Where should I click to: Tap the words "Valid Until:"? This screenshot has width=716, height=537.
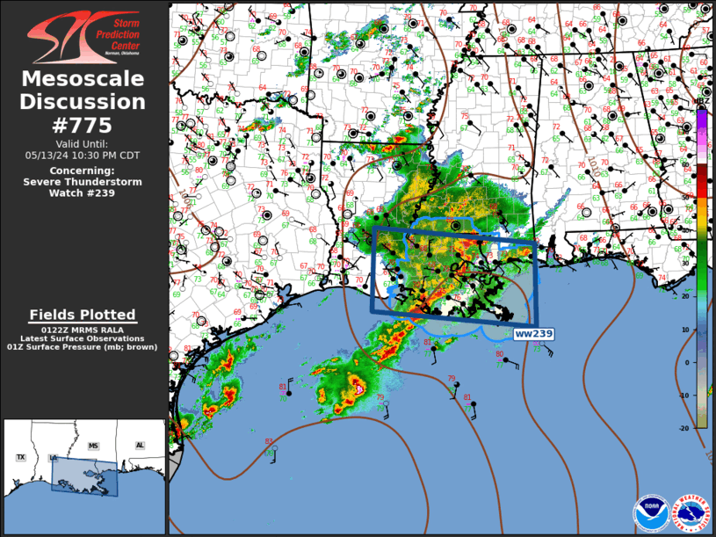click(83, 143)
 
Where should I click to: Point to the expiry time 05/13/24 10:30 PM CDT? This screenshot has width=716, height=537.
click(83, 155)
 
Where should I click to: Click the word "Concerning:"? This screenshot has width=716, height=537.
click(83, 170)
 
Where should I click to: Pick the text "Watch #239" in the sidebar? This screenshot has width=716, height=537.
click(83, 193)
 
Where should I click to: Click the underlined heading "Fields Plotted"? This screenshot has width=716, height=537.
click(83, 315)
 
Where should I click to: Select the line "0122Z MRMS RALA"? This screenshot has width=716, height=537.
click(83, 330)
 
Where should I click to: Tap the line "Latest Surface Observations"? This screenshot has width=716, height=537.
click(83, 338)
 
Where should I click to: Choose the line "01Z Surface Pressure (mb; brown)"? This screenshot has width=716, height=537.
click(83, 347)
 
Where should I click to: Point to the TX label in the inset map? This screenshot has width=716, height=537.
click(20, 458)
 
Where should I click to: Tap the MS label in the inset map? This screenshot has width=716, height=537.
click(93, 446)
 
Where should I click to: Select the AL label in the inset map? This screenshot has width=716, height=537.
click(140, 446)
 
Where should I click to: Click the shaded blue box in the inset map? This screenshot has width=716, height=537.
click(84, 475)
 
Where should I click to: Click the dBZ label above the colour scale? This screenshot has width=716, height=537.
click(702, 101)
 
